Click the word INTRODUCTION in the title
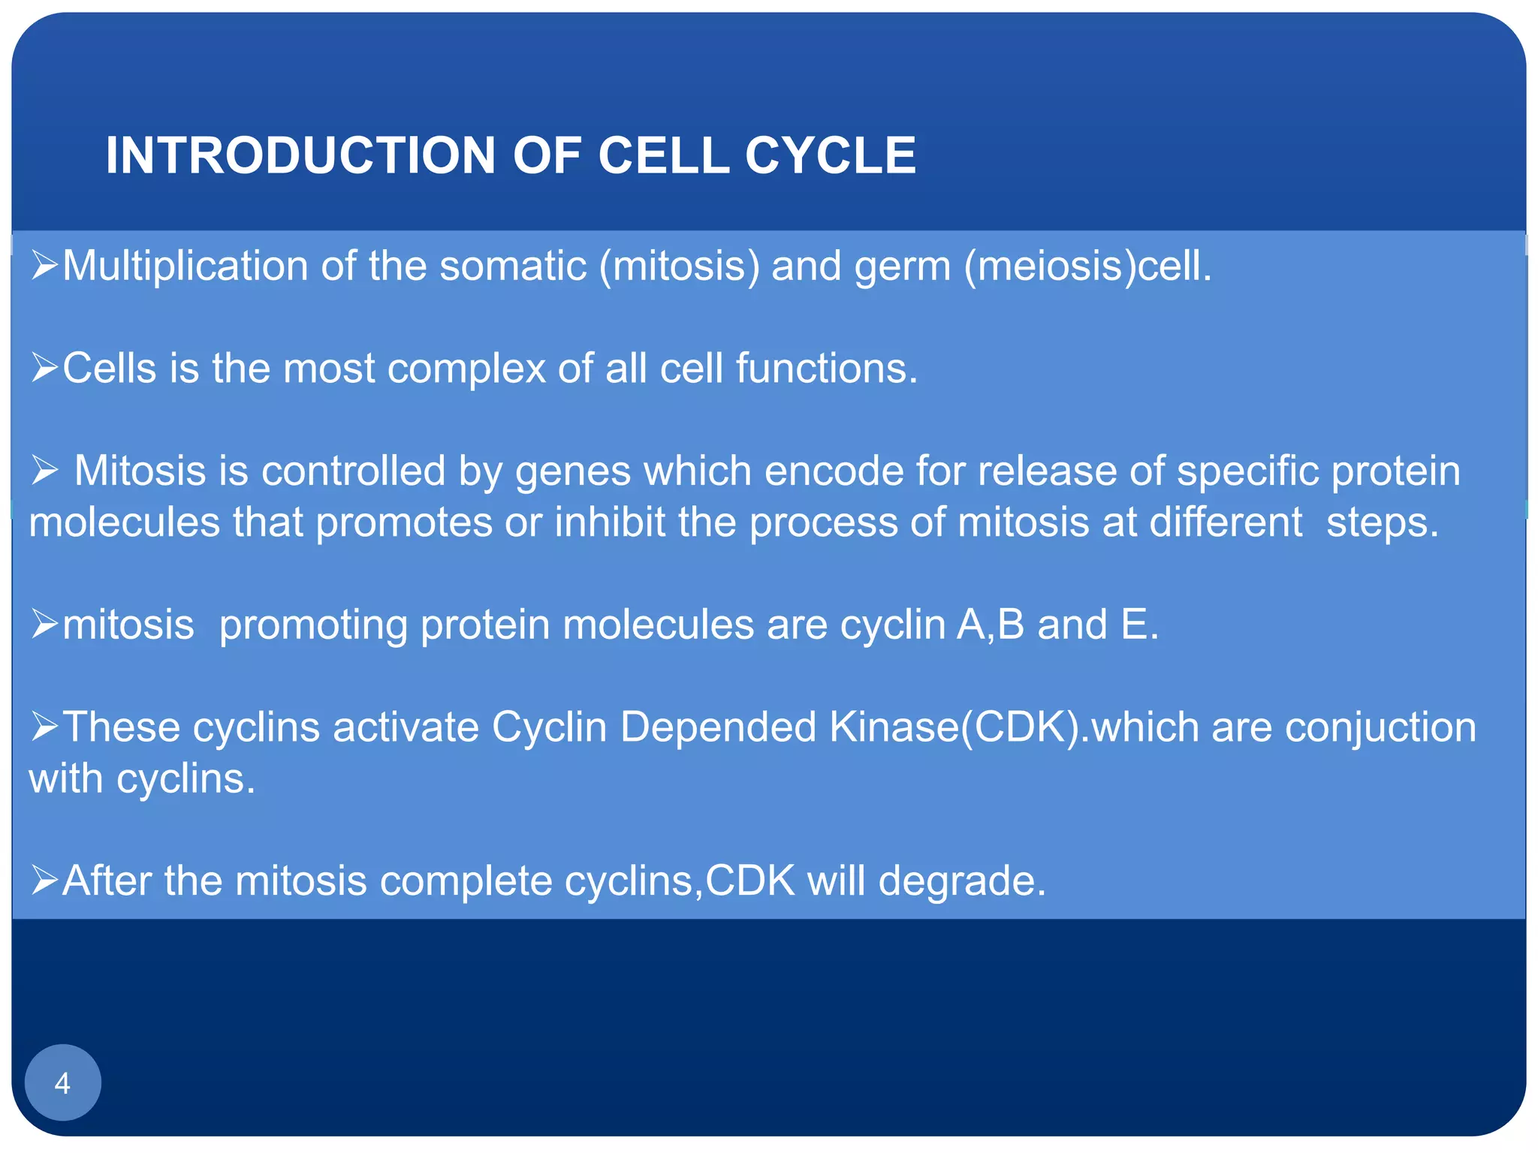[300, 155]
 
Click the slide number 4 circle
[62, 1082]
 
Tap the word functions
[826, 369]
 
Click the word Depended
[718, 727]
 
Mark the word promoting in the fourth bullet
[313, 625]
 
